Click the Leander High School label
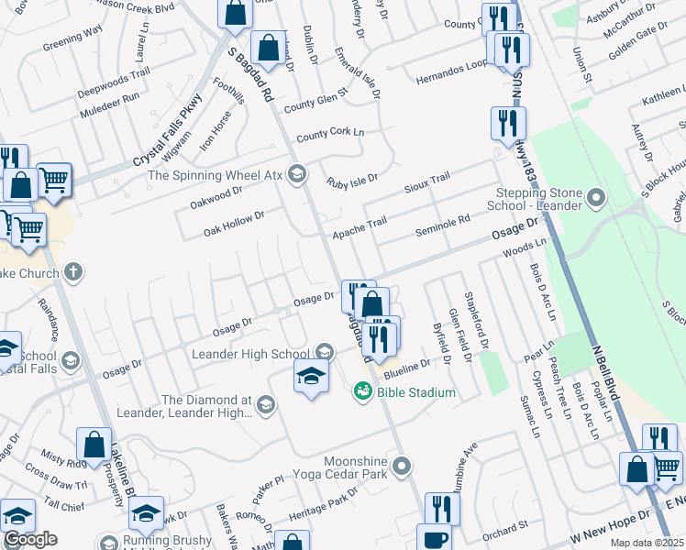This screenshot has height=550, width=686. (250, 354)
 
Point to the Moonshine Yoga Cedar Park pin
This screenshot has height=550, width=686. (401, 467)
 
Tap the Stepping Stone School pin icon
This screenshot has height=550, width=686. (597, 198)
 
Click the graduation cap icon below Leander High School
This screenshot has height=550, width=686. (311, 376)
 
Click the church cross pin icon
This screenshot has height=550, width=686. (74, 272)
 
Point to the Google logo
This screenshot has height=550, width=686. (30, 539)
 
